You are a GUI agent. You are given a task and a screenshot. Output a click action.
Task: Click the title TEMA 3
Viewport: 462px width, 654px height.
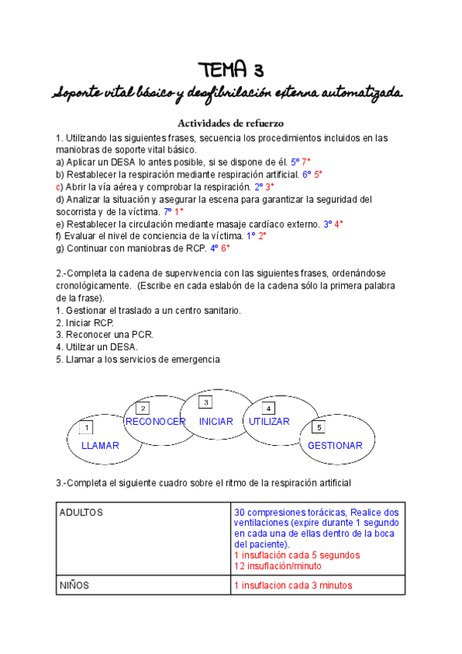[x=230, y=70]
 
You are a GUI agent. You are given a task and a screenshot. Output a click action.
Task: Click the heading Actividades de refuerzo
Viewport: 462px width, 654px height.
[x=232, y=123]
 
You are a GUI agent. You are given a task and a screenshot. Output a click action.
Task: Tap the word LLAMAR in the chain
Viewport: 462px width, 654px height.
[x=100, y=446]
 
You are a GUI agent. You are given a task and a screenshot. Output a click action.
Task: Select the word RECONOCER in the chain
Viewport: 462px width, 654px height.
[x=156, y=422]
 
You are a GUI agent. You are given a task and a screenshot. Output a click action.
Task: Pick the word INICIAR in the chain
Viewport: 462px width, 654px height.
[x=216, y=422]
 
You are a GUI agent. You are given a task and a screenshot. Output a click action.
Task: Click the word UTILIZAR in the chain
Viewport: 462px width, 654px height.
[x=269, y=422]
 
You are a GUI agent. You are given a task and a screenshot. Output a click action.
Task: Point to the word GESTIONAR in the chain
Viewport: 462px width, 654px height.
[x=335, y=446]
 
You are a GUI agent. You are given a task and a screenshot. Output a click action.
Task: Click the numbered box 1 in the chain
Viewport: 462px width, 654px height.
[x=87, y=428]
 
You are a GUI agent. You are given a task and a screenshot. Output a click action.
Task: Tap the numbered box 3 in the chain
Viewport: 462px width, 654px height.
[x=205, y=403]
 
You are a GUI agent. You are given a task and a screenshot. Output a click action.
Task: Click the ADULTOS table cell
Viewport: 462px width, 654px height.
[x=82, y=512]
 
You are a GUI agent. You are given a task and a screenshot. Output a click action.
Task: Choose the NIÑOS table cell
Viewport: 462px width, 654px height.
[x=75, y=585]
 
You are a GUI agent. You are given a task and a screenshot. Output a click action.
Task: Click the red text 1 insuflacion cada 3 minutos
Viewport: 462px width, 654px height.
[x=293, y=586]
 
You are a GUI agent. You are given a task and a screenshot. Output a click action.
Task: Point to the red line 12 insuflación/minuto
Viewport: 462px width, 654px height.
[x=278, y=565]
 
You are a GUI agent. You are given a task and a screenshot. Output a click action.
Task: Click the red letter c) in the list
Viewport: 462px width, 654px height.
[x=59, y=187]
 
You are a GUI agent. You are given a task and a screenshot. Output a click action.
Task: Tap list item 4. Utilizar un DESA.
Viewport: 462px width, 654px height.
[x=96, y=347]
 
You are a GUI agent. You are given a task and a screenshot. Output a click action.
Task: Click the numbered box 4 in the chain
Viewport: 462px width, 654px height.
[x=268, y=408]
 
